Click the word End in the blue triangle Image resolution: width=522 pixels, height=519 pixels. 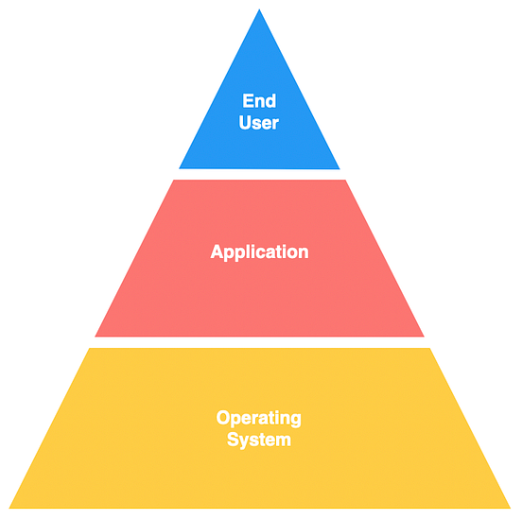[259, 100]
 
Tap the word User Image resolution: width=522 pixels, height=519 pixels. [259, 122]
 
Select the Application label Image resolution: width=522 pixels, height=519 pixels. [259, 252]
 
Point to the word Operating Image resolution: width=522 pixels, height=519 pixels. [259, 418]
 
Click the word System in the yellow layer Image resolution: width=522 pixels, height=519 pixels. [259, 440]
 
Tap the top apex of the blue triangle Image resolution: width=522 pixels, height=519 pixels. [259, 9]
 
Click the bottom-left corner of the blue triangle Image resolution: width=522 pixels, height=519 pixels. [180, 168]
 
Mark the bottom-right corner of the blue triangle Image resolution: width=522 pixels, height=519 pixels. [339, 168]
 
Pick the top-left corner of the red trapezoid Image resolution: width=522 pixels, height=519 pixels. [174, 180]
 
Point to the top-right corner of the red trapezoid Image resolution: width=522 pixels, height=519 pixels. [345, 180]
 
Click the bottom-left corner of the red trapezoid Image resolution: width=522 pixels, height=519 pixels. [96, 336]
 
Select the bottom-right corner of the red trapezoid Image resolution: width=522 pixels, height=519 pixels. [424, 336]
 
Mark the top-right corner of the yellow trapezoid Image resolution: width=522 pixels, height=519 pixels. [430, 348]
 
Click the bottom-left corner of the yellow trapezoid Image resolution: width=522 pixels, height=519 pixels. [9, 509]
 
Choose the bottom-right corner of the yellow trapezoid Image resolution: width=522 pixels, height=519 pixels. [511, 509]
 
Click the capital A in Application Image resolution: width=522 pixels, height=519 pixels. [217, 251]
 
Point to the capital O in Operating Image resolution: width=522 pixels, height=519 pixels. [223, 418]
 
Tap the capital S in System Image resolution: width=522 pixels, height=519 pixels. [233, 440]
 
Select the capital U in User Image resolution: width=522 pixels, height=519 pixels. [245, 122]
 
